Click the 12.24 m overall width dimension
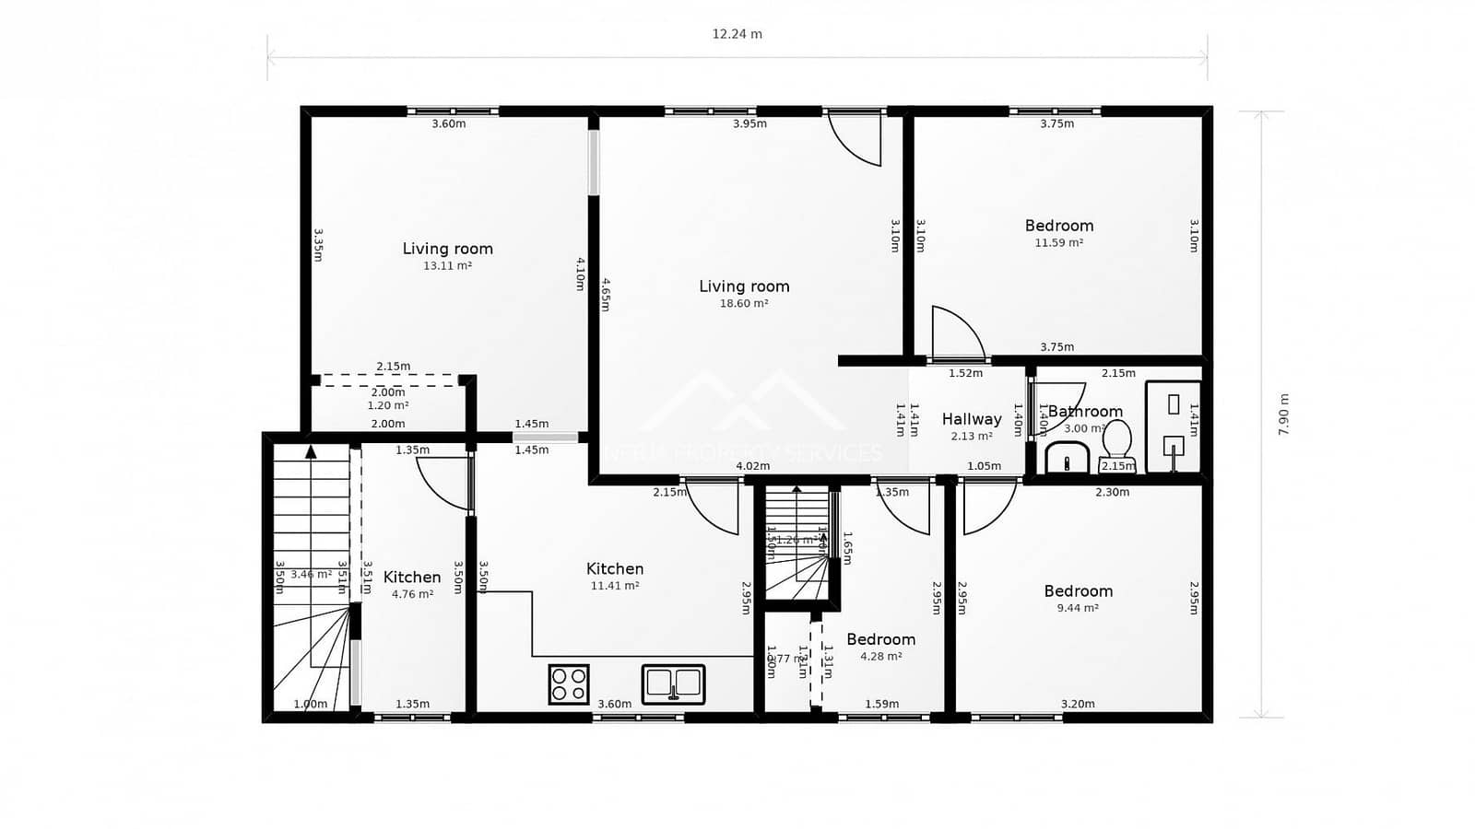click(737, 34)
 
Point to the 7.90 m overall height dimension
click(1283, 414)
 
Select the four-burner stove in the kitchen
click(568, 684)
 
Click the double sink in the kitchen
click(673, 683)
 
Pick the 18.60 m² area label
click(744, 303)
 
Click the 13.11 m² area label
click(447, 265)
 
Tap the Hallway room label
click(972, 419)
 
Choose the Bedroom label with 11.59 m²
click(1059, 226)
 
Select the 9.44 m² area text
click(1078, 608)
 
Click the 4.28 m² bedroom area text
click(880, 657)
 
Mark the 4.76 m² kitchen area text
click(412, 594)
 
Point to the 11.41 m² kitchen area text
click(615, 586)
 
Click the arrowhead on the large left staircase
click(311, 451)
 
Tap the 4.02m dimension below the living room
click(753, 466)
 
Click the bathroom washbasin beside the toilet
click(1068, 457)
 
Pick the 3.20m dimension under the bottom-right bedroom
click(1078, 704)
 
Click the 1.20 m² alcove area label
click(388, 405)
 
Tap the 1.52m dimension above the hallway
click(965, 373)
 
